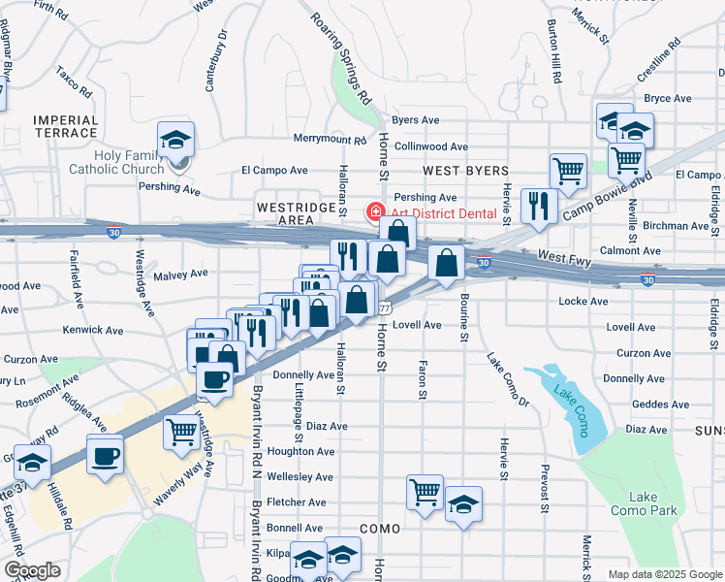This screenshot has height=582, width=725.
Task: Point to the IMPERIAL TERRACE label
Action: pyautogui.click(x=66, y=127)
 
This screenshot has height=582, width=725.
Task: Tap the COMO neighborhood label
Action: pyautogui.click(x=379, y=528)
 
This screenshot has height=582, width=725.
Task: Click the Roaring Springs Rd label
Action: pyautogui.click(x=341, y=58)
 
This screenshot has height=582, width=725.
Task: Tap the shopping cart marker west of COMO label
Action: pyautogui.click(x=425, y=493)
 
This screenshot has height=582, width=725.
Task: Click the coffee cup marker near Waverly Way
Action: pyautogui.click(x=105, y=454)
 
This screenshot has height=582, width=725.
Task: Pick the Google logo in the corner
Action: pyautogui.click(x=32, y=570)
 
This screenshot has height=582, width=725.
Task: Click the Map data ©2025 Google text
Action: pyautogui.click(x=665, y=574)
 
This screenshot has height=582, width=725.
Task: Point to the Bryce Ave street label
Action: pyautogui.click(x=667, y=98)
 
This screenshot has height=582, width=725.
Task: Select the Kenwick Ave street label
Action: pyautogui.click(x=92, y=331)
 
